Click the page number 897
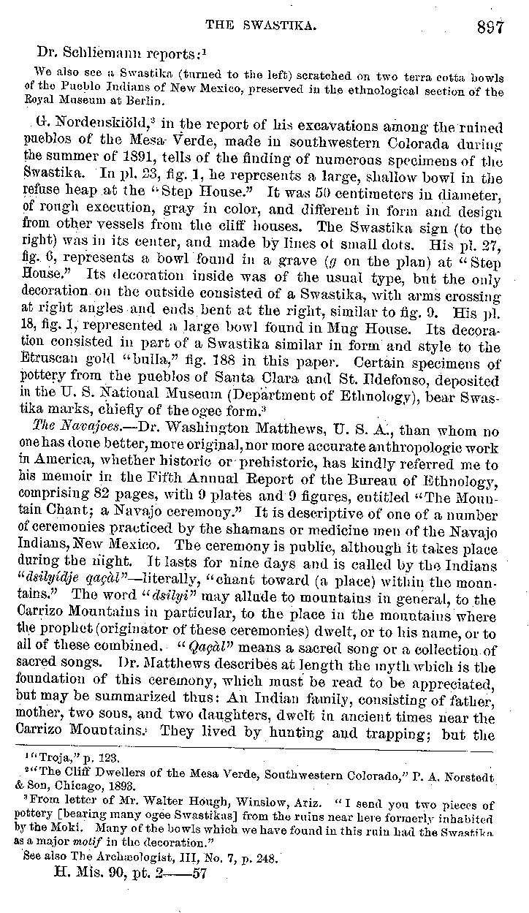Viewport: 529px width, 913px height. click(490, 27)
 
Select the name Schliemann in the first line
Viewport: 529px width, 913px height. click(100, 53)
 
